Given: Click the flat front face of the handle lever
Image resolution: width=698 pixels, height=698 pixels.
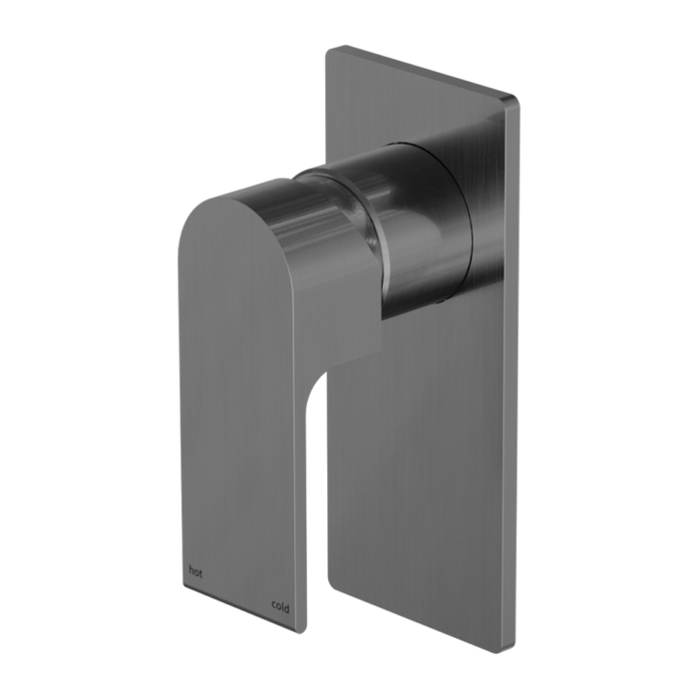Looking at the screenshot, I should [239, 419].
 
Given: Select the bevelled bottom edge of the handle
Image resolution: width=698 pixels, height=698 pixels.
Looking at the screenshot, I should [239, 605].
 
